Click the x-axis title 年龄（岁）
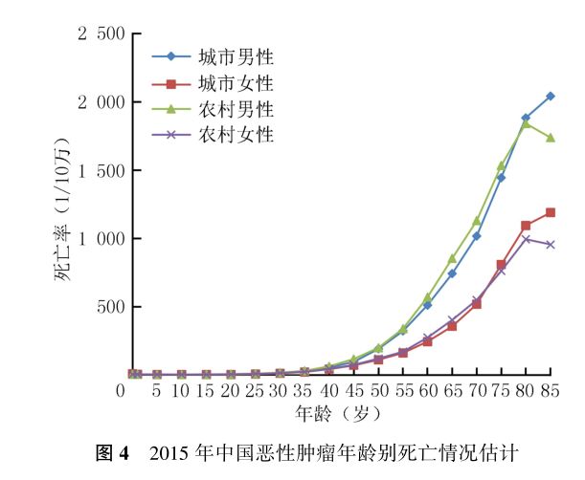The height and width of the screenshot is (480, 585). pyautogui.click(x=341, y=414)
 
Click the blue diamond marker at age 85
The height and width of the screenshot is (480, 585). pyautogui.click(x=551, y=96)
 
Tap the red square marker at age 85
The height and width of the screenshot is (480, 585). pyautogui.click(x=551, y=212)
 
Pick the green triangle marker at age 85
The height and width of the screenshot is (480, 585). pyautogui.click(x=551, y=138)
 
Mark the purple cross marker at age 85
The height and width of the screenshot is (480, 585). pyautogui.click(x=551, y=245)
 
